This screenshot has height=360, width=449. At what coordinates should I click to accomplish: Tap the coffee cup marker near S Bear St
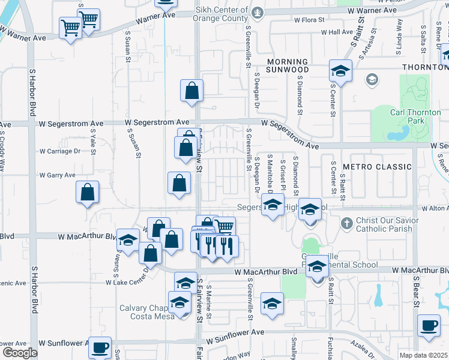point(429,326)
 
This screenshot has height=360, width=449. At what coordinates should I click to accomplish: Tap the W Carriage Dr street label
point(60,151)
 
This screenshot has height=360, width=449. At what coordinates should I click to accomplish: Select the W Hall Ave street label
point(337,32)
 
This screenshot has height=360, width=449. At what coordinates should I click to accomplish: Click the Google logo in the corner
point(19,353)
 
